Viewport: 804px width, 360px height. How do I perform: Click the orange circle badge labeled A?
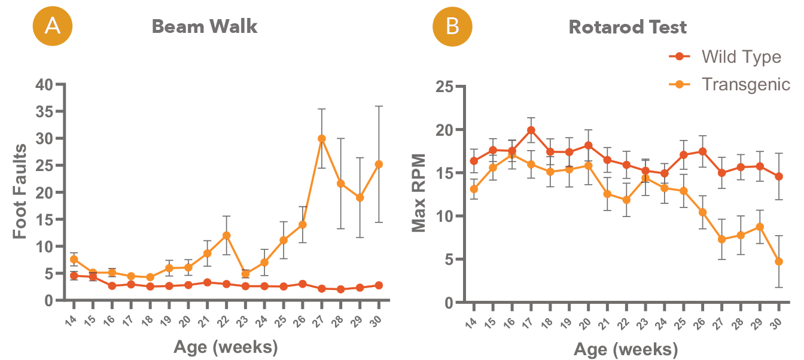52,26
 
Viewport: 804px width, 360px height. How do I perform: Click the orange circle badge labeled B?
453,26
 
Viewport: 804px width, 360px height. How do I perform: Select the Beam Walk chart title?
204,27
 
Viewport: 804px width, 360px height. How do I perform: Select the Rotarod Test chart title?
628,27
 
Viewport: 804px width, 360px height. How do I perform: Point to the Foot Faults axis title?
20,191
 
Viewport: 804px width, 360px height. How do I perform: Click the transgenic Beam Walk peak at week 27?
322,138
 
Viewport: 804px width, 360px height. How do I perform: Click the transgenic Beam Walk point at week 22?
227,235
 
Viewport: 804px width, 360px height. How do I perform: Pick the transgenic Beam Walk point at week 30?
379,164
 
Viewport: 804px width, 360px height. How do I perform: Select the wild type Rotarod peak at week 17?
531,130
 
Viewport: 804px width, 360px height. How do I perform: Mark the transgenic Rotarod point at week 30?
779,261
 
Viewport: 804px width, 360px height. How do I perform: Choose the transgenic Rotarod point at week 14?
474,189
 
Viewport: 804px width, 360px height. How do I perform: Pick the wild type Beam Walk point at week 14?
74,276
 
